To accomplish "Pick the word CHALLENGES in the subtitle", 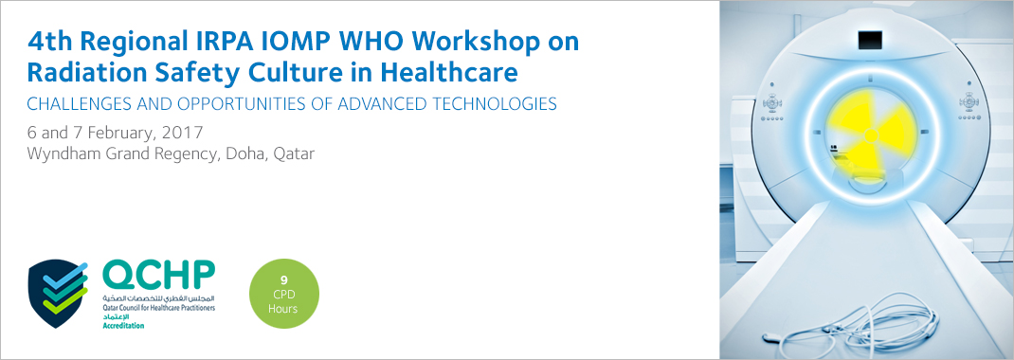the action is [79, 104].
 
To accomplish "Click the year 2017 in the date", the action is [182, 134].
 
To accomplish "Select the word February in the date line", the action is [121, 134].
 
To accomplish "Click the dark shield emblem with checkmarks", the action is [58, 294].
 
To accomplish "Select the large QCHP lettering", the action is [158, 276].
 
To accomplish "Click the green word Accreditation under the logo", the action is [123, 326].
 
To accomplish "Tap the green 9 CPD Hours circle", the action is [284, 294].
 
